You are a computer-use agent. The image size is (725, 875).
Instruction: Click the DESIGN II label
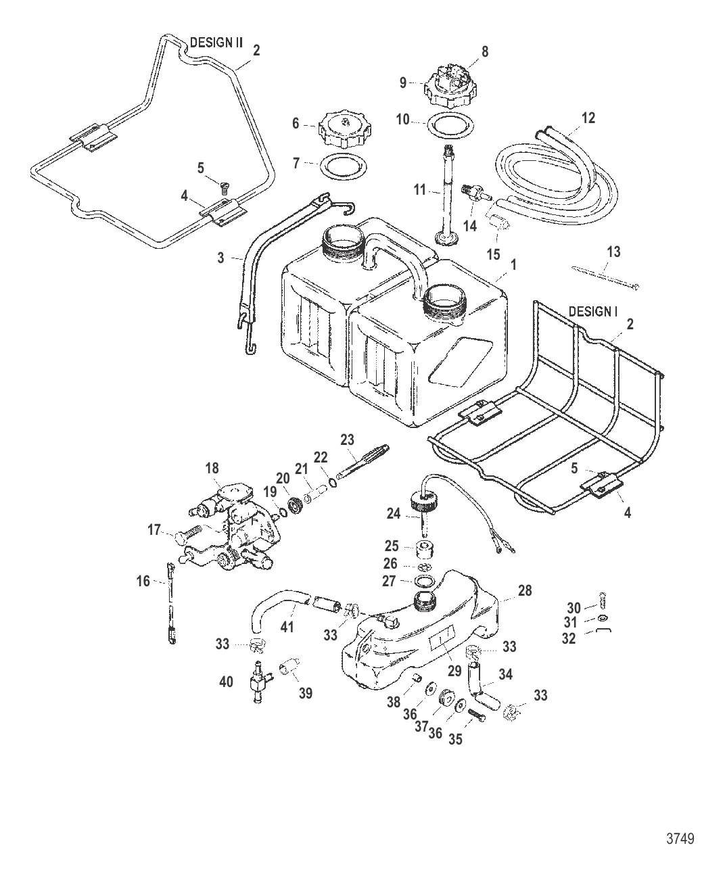[x=216, y=41]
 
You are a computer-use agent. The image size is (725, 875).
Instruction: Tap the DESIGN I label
[x=593, y=312]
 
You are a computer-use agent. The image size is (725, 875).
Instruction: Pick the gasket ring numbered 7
[x=342, y=165]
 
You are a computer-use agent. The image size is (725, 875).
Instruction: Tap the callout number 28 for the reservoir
[x=525, y=590]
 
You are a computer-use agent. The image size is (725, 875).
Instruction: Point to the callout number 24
[x=394, y=514]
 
